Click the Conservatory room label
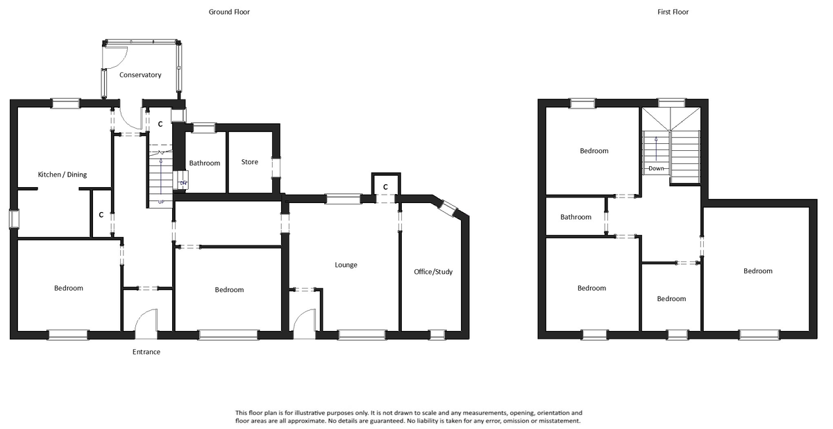pyautogui.click(x=140, y=75)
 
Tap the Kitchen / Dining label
pyautogui.click(x=62, y=175)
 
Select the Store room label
pyautogui.click(x=250, y=162)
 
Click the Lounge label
pyautogui.click(x=346, y=265)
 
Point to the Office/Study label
pyautogui.click(x=433, y=272)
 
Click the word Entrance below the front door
pyautogui.click(x=146, y=352)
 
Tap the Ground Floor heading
pyautogui.click(x=229, y=12)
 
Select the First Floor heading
pyautogui.click(x=673, y=12)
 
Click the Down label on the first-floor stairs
pyautogui.click(x=657, y=168)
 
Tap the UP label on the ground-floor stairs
pyautogui.click(x=161, y=202)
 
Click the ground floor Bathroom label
pyautogui.click(x=205, y=163)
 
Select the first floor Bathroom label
pyautogui.click(x=576, y=217)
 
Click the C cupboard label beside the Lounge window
pyautogui.click(x=385, y=186)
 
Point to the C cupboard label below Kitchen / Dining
pyautogui.click(x=101, y=215)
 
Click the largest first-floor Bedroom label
pyautogui.click(x=757, y=271)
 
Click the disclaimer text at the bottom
pyautogui.click(x=408, y=416)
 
